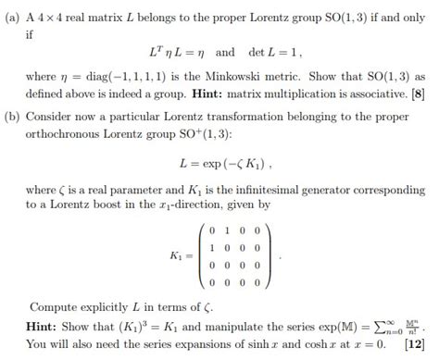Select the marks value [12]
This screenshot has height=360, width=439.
(x=414, y=344)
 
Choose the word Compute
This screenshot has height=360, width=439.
(x=55, y=306)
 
